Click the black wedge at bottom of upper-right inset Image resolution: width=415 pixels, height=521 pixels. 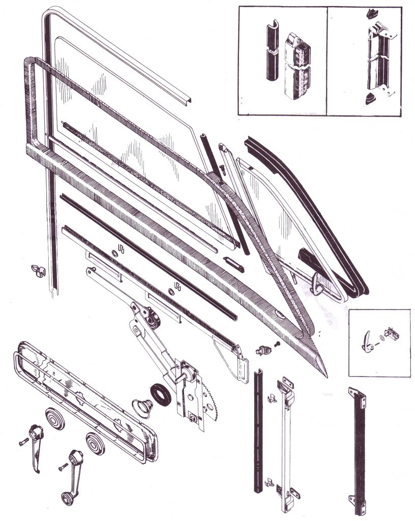(370, 100)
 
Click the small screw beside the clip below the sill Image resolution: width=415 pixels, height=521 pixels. (277, 344)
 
